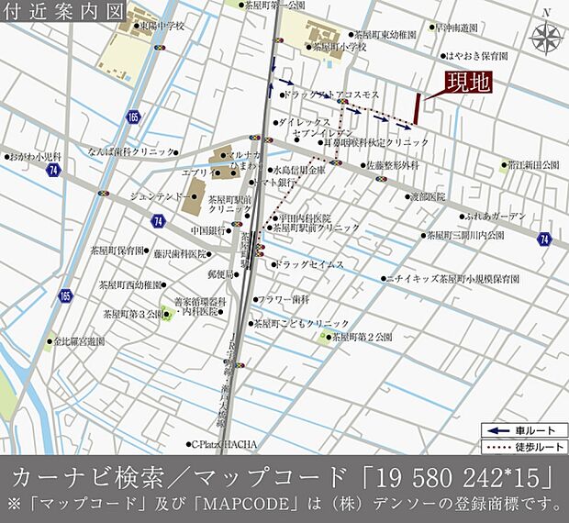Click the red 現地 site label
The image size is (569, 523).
(468, 82)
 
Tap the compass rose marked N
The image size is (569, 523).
(547, 38)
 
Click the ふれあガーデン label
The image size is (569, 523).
(496, 217)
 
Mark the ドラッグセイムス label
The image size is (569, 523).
(309, 264)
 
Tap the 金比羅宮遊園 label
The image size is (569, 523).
(79, 340)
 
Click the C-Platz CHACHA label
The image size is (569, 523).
(224, 444)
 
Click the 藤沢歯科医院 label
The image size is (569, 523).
(180, 253)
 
